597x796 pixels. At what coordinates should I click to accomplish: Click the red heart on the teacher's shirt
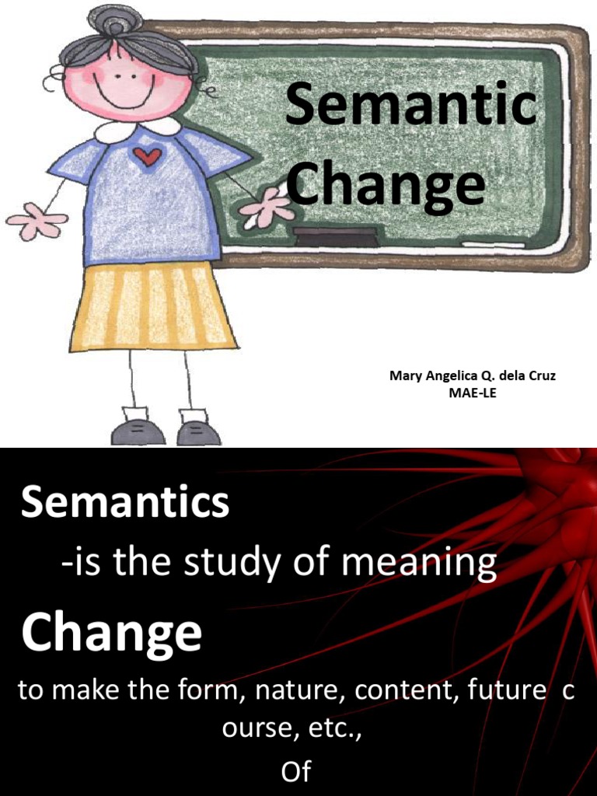click(x=147, y=157)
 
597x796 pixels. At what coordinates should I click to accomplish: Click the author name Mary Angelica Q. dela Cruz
click(x=472, y=376)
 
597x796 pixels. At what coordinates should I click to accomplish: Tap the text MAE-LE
click(x=472, y=393)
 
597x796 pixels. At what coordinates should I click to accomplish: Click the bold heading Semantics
click(x=124, y=503)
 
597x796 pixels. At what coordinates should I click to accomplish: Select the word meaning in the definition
click(x=419, y=563)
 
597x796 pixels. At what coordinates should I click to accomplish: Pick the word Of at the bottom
click(x=295, y=772)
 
